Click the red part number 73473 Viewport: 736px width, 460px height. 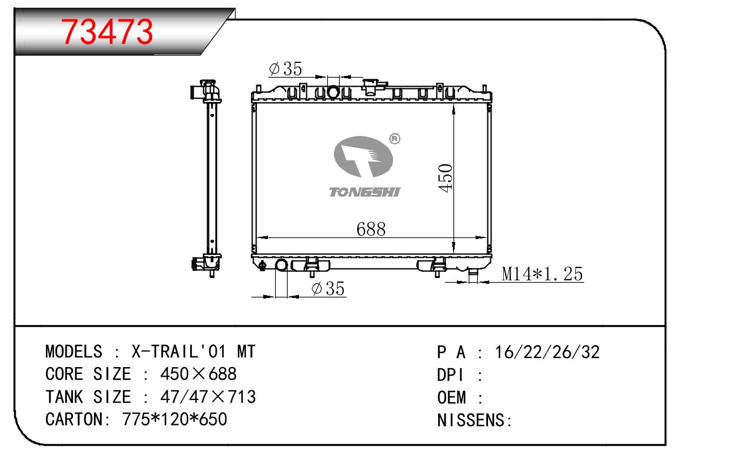pyautogui.click(x=107, y=32)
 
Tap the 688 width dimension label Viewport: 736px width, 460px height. pyautogui.click(x=371, y=229)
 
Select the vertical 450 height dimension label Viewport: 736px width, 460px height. pyautogui.click(x=445, y=177)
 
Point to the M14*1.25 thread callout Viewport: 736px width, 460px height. pyautogui.click(x=542, y=274)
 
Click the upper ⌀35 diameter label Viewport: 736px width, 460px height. pyautogui.click(x=285, y=69)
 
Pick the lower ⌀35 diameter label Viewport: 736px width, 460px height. pyautogui.click(x=328, y=288)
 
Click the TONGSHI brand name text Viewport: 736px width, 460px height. pyautogui.click(x=365, y=192)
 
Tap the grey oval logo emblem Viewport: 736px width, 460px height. pyautogui.click(x=363, y=156)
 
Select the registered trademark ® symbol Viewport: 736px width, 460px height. pyautogui.click(x=395, y=139)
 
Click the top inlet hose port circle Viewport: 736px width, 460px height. pyautogui.click(x=333, y=92)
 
